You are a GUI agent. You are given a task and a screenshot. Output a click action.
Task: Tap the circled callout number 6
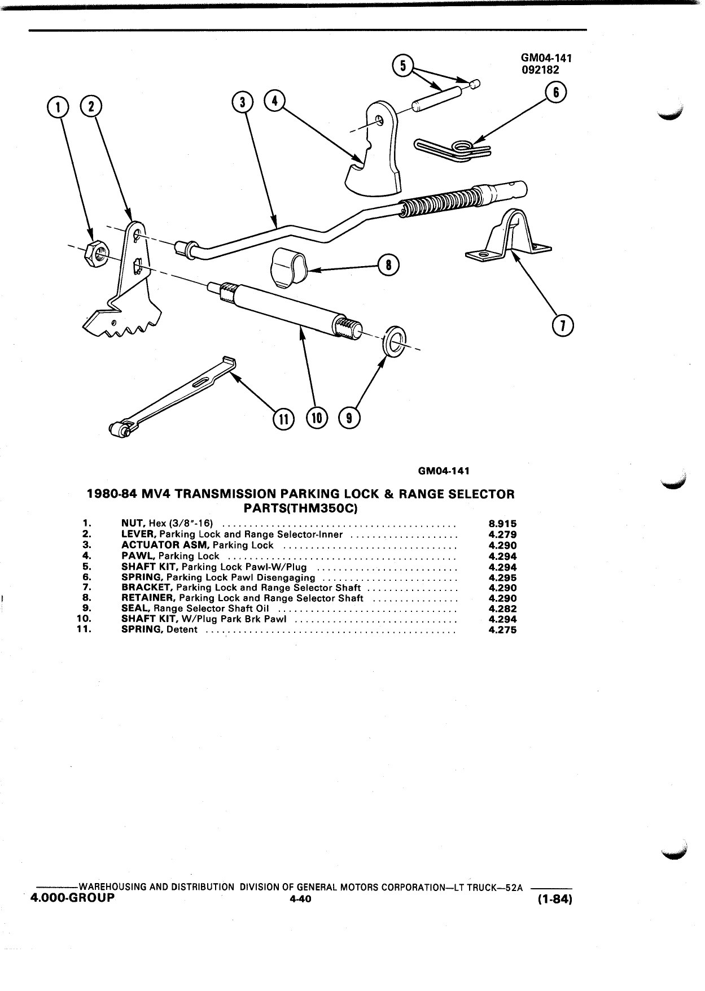(555, 93)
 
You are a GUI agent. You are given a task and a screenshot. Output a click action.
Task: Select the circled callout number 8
(388, 265)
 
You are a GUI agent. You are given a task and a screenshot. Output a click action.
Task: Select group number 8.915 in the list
(502, 524)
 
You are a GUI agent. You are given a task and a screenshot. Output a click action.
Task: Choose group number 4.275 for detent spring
(502, 630)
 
